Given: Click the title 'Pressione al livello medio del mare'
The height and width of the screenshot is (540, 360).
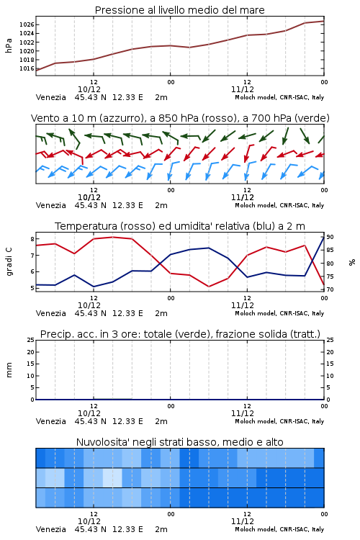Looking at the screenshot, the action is [179, 10].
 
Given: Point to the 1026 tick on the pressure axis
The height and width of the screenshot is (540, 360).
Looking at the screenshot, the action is [27, 24].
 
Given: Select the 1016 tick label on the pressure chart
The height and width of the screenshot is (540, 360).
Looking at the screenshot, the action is [27, 68].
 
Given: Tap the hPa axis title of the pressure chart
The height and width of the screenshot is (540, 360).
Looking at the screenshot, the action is [9, 45].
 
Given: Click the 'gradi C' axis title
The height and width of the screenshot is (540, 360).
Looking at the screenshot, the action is [9, 261].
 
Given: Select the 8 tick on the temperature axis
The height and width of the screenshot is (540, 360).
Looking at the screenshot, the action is [32, 239].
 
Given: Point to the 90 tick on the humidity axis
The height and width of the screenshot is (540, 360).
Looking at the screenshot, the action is [330, 237].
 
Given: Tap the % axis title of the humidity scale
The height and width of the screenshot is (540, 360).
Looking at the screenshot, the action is [352, 262].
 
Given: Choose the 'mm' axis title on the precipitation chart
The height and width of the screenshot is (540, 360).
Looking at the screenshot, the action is [9, 370].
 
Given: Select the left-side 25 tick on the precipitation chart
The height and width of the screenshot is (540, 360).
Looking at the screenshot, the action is [31, 340].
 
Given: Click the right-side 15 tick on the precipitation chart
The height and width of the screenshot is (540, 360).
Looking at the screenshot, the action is [330, 364].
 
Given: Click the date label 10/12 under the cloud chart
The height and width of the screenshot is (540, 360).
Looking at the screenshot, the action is [89, 521].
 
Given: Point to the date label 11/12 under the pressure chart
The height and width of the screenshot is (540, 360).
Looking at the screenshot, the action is [243, 89].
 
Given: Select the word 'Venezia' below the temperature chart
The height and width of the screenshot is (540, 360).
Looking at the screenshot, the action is [51, 313].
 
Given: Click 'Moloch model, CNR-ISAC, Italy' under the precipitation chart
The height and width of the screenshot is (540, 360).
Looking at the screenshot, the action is [279, 421].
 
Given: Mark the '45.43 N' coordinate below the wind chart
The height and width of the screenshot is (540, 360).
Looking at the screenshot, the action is [91, 205].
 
